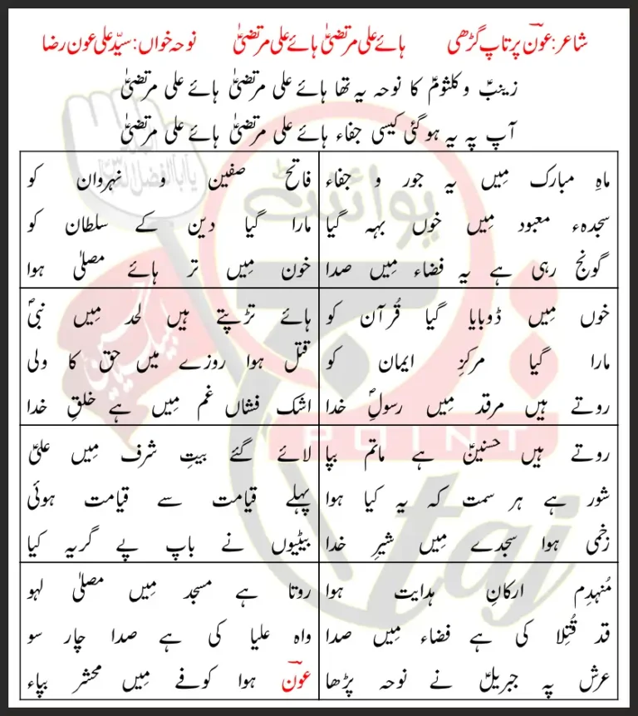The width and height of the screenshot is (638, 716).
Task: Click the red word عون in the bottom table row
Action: (294, 680)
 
